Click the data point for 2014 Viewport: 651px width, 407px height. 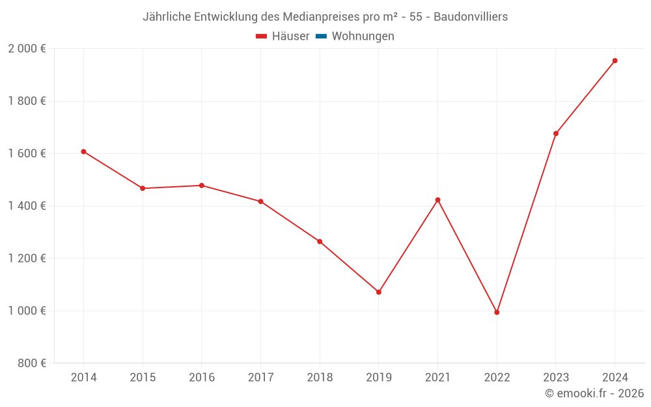tap(83, 152)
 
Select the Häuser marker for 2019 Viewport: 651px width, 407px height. tap(379, 292)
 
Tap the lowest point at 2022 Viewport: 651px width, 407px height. tap(497, 313)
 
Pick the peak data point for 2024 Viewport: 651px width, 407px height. tap(615, 61)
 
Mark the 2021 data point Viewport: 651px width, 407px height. tap(437, 200)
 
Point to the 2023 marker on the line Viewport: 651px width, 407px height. tap(556, 133)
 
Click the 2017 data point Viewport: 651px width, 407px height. tap(260, 201)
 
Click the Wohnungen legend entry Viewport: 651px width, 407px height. tap(363, 36)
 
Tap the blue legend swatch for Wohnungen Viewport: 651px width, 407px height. tap(321, 36)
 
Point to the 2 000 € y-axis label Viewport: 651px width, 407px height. tap(27, 49)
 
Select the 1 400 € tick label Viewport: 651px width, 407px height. tap(27, 206)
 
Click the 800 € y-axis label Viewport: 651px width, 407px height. tap(31, 363)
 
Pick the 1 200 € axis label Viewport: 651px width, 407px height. tap(27, 259)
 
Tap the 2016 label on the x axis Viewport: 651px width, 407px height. tap(201, 378)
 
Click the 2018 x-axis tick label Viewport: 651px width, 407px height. tap(320, 378)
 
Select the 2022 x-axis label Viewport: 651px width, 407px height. tap(497, 378)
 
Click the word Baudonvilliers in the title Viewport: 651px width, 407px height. tap(471, 17)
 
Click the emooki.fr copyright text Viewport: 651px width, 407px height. tap(594, 393)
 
